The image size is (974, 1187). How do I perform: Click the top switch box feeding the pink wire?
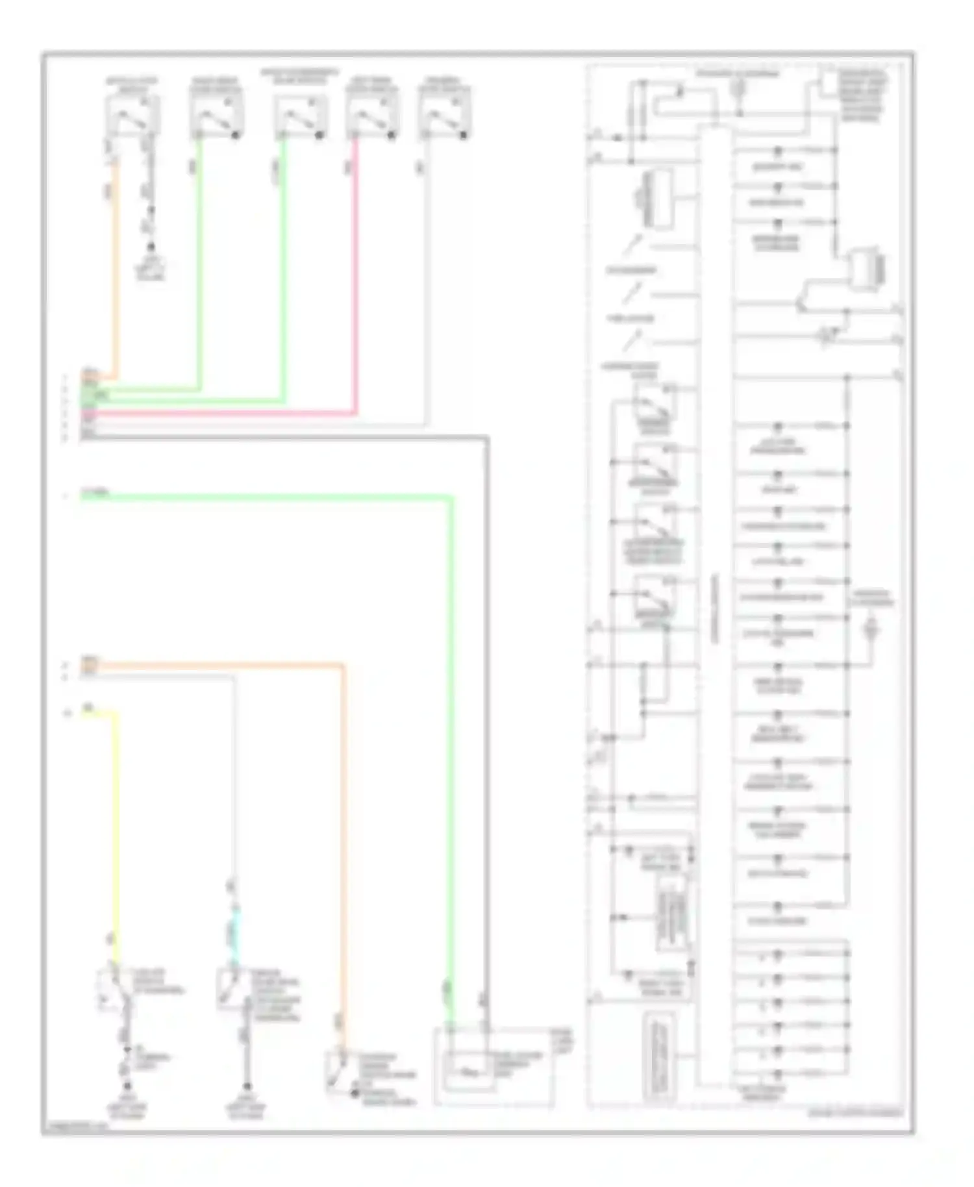coord(371,117)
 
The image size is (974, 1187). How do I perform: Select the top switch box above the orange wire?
coord(132,117)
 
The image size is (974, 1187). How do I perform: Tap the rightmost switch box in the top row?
coord(444,117)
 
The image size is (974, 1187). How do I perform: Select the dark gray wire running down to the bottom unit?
coord(486,714)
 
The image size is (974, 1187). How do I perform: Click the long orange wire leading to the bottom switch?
coord(343,844)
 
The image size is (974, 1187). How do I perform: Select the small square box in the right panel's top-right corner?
coord(829,82)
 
